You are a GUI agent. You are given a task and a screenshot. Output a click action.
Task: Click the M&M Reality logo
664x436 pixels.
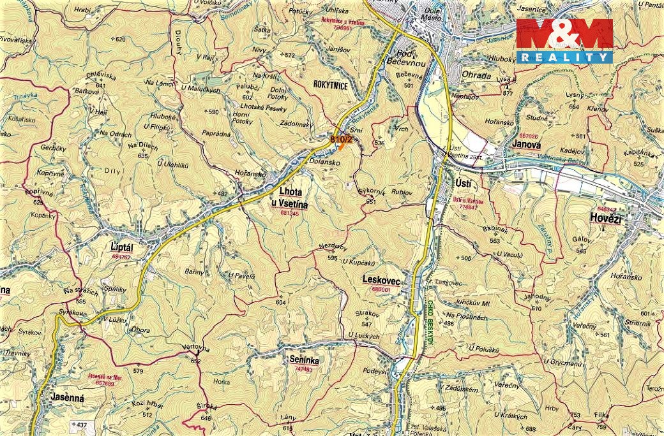[x=564, y=41]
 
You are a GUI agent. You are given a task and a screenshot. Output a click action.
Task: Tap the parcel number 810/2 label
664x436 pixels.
[x=341, y=138]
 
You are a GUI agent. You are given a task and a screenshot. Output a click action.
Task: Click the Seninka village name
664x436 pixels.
[x=304, y=360]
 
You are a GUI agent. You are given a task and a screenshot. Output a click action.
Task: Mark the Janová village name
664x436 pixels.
[x=527, y=144]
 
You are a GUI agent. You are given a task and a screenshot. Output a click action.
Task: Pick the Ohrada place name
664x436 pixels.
[x=476, y=76]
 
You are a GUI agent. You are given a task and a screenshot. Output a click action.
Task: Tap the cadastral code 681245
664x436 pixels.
[x=289, y=214]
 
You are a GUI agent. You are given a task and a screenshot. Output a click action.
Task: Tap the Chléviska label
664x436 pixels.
[x=100, y=75]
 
